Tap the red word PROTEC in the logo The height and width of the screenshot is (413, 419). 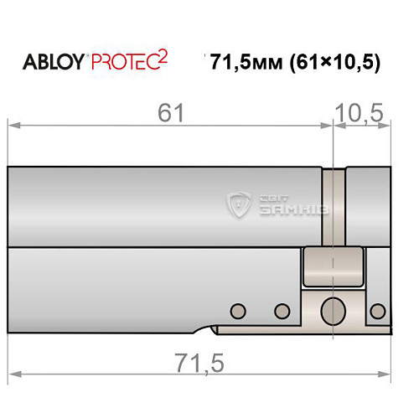(125, 61)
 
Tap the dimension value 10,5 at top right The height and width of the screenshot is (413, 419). (363, 111)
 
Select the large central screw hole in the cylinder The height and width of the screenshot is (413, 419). (333, 309)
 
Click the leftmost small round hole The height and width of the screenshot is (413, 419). (238, 312)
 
